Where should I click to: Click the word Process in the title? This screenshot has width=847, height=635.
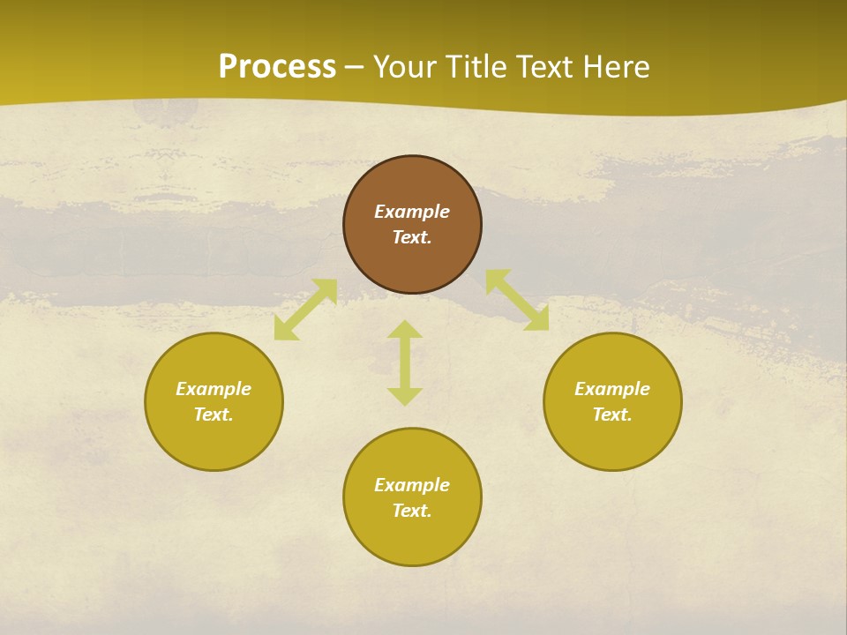click(x=277, y=67)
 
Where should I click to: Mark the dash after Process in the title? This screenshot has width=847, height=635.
click(x=354, y=69)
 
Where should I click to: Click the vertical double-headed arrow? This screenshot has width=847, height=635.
click(x=405, y=362)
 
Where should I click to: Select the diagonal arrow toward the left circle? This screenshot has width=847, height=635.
click(x=305, y=310)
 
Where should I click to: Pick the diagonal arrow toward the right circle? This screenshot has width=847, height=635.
click(x=517, y=300)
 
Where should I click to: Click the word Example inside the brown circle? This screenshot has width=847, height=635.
click(x=412, y=212)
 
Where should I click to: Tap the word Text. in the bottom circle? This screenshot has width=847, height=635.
click(x=412, y=511)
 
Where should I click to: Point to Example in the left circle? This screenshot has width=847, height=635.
click(x=214, y=389)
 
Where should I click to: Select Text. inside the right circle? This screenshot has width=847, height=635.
click(x=612, y=415)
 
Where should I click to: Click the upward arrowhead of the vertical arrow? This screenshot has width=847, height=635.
click(x=405, y=329)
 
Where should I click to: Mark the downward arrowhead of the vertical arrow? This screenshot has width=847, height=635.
click(x=405, y=397)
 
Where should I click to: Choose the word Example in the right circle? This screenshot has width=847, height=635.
click(x=612, y=389)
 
